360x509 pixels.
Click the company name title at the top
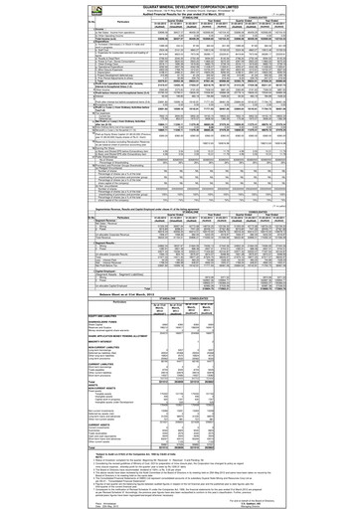click(179, 5)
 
